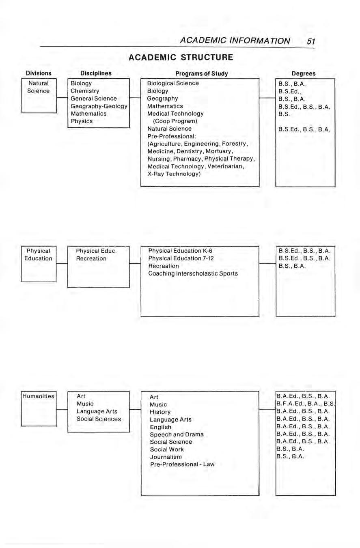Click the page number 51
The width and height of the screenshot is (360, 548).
311,41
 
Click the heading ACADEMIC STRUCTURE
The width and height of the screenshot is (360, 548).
181,57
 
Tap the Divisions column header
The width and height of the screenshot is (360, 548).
39,73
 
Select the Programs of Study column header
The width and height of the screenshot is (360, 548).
202,73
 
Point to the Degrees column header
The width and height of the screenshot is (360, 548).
304,73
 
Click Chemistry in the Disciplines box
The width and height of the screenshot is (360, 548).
84,91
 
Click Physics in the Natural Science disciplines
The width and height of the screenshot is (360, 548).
82,121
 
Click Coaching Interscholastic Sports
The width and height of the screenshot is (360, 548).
193,273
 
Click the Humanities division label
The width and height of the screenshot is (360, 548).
38,396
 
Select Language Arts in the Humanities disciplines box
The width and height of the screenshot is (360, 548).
97,411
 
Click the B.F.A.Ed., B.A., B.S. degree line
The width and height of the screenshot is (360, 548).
305,404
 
